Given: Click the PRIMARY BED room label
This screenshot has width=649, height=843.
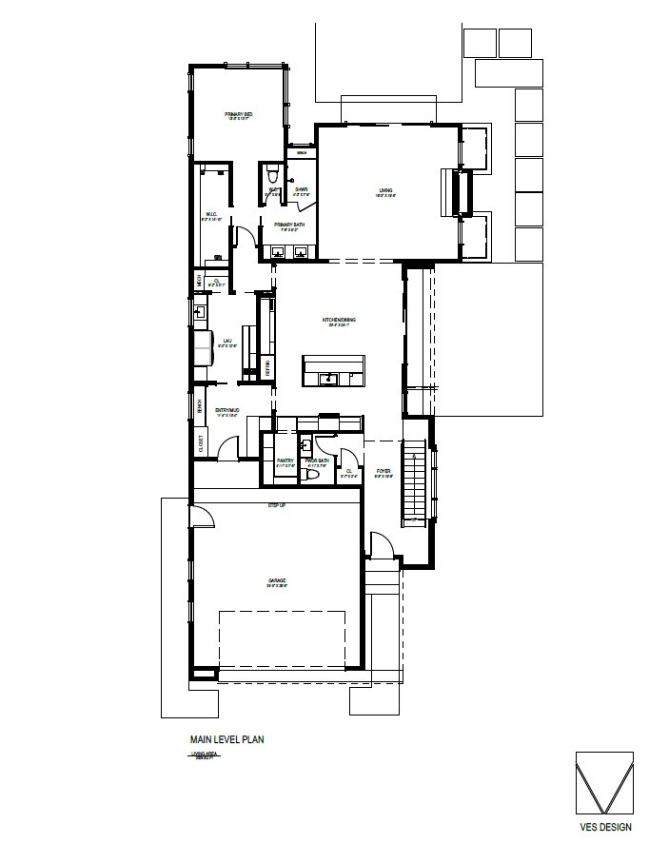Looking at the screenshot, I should [x=237, y=115].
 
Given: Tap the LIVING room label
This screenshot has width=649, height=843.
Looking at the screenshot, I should [x=385, y=191].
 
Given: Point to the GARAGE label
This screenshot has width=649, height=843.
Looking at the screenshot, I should [x=277, y=580].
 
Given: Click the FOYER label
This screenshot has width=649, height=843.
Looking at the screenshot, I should [x=383, y=470].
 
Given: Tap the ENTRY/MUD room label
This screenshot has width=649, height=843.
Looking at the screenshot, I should [x=226, y=410].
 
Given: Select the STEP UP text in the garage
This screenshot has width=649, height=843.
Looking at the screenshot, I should [x=277, y=504].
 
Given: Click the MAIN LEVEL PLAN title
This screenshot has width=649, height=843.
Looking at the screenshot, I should [x=226, y=737].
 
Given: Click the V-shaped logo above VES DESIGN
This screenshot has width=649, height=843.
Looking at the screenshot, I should [x=604, y=782].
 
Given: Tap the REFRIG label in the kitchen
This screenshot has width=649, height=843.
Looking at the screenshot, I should [x=267, y=366].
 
